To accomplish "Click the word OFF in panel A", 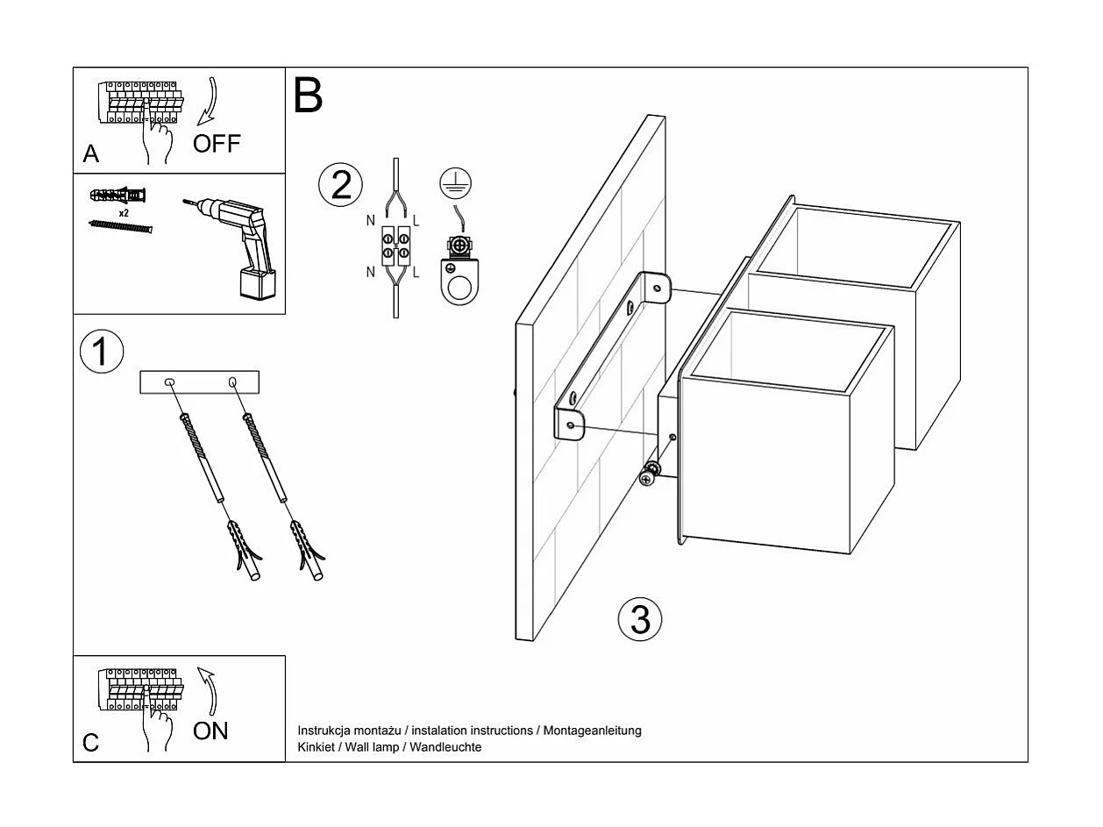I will (216, 143).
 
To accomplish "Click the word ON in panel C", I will (210, 731).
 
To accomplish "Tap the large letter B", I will (308, 96).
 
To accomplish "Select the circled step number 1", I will (101, 351).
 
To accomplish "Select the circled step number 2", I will (340, 184).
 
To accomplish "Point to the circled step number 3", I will (640, 619).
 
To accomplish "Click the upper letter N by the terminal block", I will (372, 220).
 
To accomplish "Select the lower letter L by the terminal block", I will (416, 273).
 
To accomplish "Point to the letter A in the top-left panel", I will (91, 154).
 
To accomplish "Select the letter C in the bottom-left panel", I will (91, 743).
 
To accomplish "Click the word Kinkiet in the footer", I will (316, 747).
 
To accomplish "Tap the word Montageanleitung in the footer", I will (593, 731).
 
